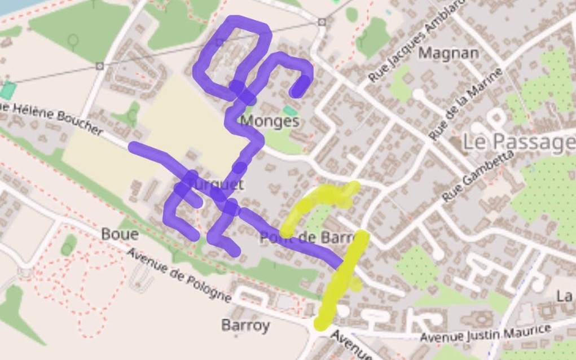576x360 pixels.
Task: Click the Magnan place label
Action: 449,54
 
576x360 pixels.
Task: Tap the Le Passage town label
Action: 518,143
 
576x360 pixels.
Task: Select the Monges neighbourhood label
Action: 269,121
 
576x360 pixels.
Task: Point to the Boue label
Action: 120,234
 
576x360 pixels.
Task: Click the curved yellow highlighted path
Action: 316,200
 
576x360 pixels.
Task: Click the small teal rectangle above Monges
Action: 289,110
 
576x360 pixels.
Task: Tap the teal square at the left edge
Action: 7,90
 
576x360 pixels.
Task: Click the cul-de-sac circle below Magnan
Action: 418,93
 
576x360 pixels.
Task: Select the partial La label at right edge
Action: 564,296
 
